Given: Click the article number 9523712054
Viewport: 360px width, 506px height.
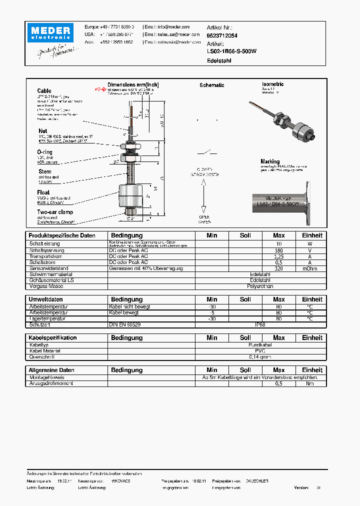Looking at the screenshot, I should click(222, 35).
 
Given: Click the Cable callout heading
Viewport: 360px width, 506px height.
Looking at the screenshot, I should click(44, 91).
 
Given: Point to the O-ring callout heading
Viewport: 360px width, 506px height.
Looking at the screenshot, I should click(44, 152).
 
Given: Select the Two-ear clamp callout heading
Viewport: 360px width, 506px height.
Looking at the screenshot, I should click(54, 212).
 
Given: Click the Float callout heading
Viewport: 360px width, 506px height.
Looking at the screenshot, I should click(43, 192).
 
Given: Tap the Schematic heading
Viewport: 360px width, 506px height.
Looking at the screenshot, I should click(211, 85).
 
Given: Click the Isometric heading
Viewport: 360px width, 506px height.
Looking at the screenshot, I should click(272, 84).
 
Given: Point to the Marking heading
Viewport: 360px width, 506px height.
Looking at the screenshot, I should click(270, 161).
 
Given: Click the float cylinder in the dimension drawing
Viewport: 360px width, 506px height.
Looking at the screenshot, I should click(131, 195).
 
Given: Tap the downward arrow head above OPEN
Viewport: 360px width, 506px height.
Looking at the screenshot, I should click(204, 209).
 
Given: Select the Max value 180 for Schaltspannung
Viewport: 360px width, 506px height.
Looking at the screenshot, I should click(278, 249).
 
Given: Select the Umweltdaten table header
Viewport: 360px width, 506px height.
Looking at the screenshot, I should click(45, 299).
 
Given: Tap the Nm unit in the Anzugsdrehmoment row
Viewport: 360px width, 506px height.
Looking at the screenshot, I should click(310, 383).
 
